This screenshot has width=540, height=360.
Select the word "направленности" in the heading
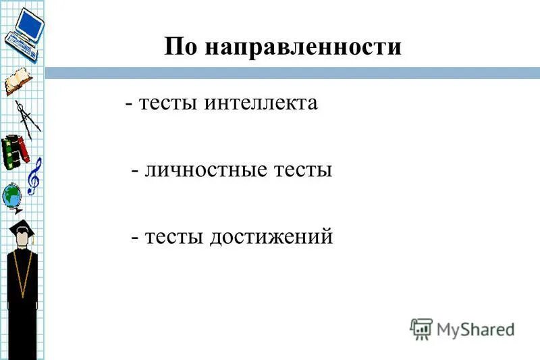tap(302, 47)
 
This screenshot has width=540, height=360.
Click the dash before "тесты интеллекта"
tap(128, 105)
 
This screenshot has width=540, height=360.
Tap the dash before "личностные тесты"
tap(135, 171)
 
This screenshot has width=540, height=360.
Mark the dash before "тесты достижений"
tap(135, 237)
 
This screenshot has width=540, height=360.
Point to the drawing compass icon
tap(28, 116)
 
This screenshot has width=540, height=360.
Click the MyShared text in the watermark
tap(475, 329)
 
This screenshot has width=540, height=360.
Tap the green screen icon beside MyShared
tap(421, 328)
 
